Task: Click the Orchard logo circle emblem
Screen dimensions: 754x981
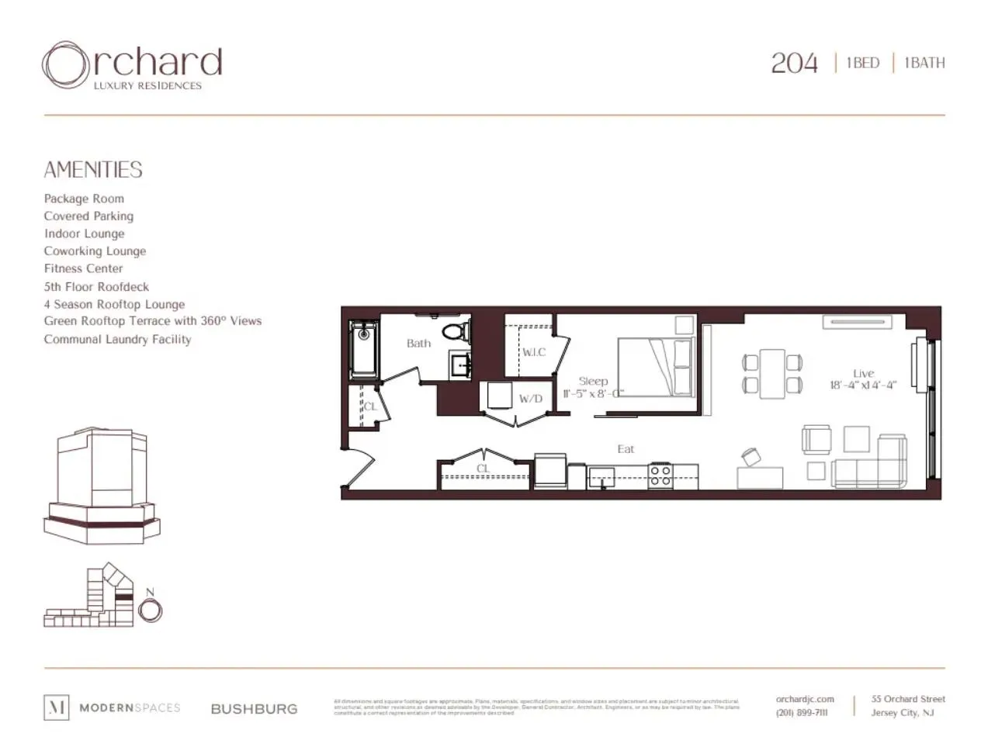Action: pos(65,64)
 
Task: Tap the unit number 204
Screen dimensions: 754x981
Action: pos(794,63)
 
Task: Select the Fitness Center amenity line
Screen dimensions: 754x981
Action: pos(83,268)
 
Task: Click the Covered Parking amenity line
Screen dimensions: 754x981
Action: pos(88,216)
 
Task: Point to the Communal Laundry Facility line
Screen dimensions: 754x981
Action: pos(117,339)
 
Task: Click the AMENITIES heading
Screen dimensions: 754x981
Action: pos(93,170)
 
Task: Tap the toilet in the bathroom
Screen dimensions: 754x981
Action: pos(456,331)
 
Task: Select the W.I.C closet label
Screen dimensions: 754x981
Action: pos(533,352)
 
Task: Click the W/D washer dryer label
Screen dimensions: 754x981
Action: pos(531,399)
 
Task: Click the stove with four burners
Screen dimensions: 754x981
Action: pos(660,475)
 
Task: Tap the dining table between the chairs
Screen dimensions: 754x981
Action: pos(772,374)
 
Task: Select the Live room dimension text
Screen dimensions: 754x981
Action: pos(862,386)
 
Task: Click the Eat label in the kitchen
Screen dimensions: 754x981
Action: pos(626,449)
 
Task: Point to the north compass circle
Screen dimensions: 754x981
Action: pos(150,611)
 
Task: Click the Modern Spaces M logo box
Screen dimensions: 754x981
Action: pos(56,707)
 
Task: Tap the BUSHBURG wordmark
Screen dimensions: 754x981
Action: pos(254,708)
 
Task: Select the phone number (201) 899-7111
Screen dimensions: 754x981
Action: pos(802,713)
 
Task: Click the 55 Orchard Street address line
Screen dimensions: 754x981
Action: pos(908,699)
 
